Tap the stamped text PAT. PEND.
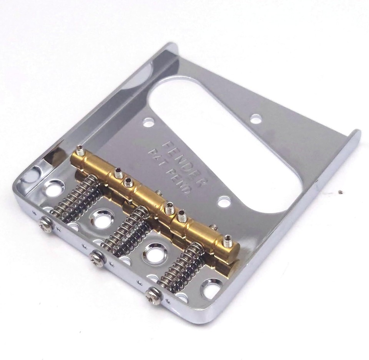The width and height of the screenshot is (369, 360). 169,171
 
